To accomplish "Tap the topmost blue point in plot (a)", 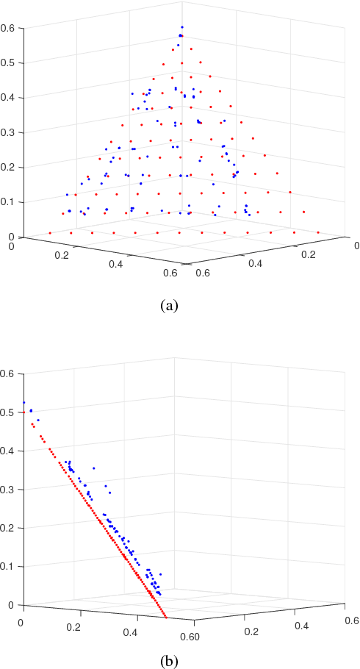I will tap(181, 28).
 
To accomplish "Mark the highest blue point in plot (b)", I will tap(24, 402).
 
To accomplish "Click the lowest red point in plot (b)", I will tap(166, 618).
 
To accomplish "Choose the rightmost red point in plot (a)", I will tap(318, 232).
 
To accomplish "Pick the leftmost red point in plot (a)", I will tap(49, 232).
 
